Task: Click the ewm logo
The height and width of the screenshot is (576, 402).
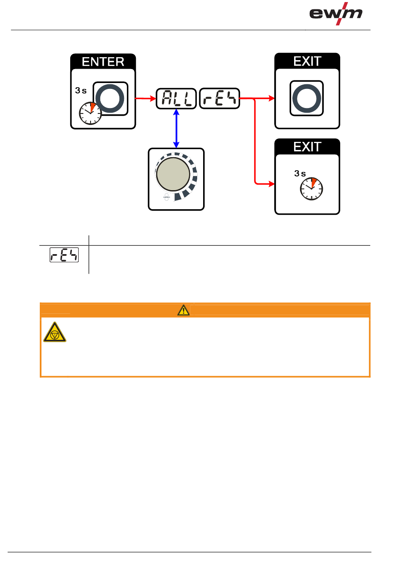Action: (336, 14)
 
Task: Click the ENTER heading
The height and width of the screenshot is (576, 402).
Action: (103, 62)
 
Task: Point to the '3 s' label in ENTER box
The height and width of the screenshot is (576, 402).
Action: (81, 91)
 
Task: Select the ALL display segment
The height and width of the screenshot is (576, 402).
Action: (176, 99)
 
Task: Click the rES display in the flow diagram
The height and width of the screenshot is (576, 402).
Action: (219, 99)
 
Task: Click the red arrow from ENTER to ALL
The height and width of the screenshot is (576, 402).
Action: (146, 99)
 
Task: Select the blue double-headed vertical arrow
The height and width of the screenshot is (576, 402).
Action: (176, 128)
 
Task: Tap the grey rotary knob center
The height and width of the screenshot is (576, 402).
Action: (173, 174)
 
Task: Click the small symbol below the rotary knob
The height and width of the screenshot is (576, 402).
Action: (167, 197)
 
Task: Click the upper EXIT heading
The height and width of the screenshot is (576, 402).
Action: (307, 61)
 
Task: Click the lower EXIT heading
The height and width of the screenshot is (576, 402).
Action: (307, 147)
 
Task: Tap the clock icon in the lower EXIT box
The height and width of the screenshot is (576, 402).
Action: (311, 189)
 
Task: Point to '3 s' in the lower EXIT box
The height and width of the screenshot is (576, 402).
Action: (300, 174)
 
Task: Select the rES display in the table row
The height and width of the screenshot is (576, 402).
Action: (64, 255)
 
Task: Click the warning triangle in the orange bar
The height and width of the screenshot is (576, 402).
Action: (183, 310)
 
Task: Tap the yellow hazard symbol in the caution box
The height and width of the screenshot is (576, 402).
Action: (55, 332)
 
